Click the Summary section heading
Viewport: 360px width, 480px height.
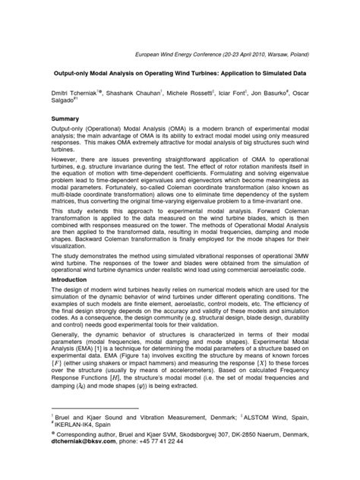[x=65, y=120]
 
